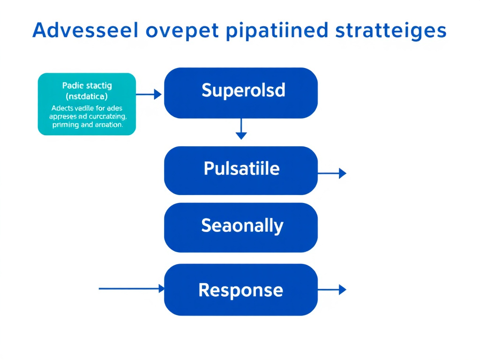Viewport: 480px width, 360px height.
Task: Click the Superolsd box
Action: click(x=241, y=92)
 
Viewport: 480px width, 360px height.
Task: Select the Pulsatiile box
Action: click(x=241, y=170)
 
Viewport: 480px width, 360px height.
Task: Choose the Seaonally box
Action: click(x=241, y=227)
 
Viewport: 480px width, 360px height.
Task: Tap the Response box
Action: click(x=241, y=289)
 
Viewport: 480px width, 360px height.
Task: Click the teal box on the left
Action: click(x=87, y=104)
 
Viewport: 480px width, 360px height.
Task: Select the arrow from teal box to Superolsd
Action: click(x=149, y=95)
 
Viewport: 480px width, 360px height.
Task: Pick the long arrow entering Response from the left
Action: click(x=131, y=289)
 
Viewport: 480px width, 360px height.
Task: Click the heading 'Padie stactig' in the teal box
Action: click(x=87, y=86)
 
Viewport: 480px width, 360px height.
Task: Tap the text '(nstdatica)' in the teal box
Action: click(x=87, y=97)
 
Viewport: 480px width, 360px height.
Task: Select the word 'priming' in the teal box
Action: click(x=66, y=125)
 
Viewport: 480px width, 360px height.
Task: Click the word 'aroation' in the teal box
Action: click(x=109, y=125)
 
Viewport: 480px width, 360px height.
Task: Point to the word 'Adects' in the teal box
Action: click(x=61, y=108)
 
